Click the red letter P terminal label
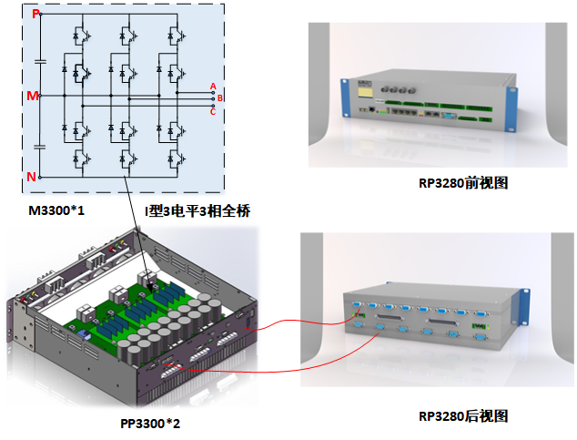point(35,14)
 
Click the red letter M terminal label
point(34,95)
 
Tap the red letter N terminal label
point(32,177)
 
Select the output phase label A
point(213,87)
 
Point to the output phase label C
point(213,111)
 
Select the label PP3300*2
point(150,424)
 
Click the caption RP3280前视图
point(463,182)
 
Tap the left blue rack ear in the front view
point(345,98)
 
